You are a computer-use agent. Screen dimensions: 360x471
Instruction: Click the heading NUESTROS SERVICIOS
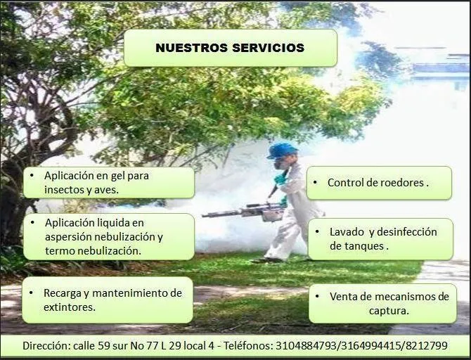[230, 48]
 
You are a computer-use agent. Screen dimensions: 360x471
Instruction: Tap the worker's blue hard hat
[282, 150]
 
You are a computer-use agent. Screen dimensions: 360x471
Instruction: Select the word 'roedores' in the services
[401, 183]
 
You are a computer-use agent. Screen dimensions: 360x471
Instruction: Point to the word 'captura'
[389, 310]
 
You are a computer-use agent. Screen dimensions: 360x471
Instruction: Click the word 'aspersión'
[70, 236]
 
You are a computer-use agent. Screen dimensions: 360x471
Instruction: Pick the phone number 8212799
[426, 346]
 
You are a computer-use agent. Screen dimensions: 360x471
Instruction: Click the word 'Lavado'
[346, 232]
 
